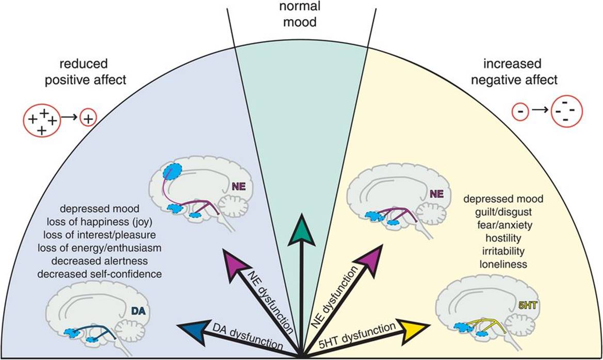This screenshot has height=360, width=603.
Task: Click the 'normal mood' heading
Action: [x=302, y=15]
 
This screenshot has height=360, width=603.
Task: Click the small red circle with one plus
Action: [x=88, y=119]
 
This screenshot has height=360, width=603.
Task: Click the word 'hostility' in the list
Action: [x=503, y=238]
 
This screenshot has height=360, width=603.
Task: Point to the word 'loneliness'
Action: [x=503, y=265]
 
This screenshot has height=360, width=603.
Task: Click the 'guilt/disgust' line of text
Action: [x=503, y=212]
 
